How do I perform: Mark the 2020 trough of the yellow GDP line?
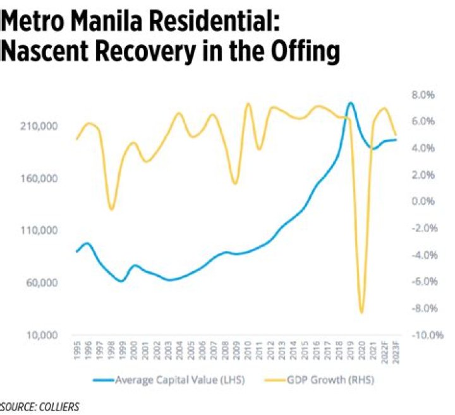361,312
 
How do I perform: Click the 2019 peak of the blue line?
351,103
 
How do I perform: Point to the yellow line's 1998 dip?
111,209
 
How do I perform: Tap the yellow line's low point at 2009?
235,184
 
